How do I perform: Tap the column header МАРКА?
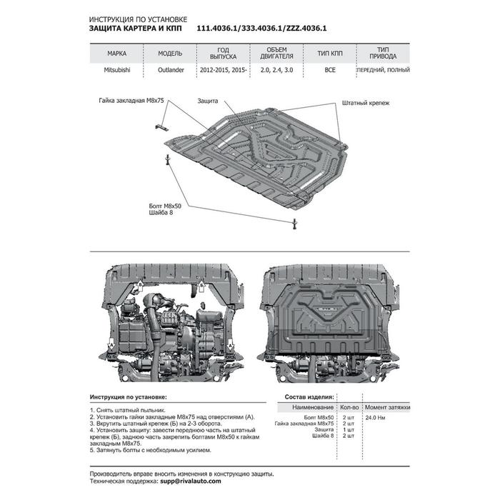118,54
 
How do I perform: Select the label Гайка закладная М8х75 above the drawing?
131,102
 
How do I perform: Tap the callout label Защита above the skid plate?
208,102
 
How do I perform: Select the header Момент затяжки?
387,407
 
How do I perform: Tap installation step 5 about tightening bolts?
151,451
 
